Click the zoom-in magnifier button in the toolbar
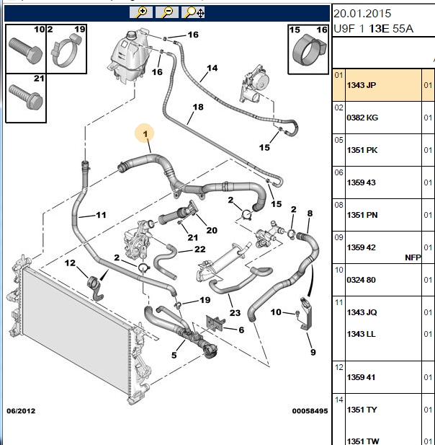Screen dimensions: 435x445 [141, 12]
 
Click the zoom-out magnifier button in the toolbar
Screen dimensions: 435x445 [167, 12]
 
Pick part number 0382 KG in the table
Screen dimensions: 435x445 [362, 118]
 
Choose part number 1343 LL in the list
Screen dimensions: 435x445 [362, 334]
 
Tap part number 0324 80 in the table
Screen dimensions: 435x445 [361, 280]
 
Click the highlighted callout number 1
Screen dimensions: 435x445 [145, 133]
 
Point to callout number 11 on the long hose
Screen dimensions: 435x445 [101, 215]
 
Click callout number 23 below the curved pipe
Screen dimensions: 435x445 [235, 313]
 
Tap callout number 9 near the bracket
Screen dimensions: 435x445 [313, 352]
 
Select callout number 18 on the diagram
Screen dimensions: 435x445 [198, 107]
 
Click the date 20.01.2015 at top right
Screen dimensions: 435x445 [362, 13]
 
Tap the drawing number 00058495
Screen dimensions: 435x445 [310, 411]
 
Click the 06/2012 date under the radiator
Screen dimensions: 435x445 [21, 411]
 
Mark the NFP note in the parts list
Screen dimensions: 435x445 [413, 257]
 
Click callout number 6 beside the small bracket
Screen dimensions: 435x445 [241, 330]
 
